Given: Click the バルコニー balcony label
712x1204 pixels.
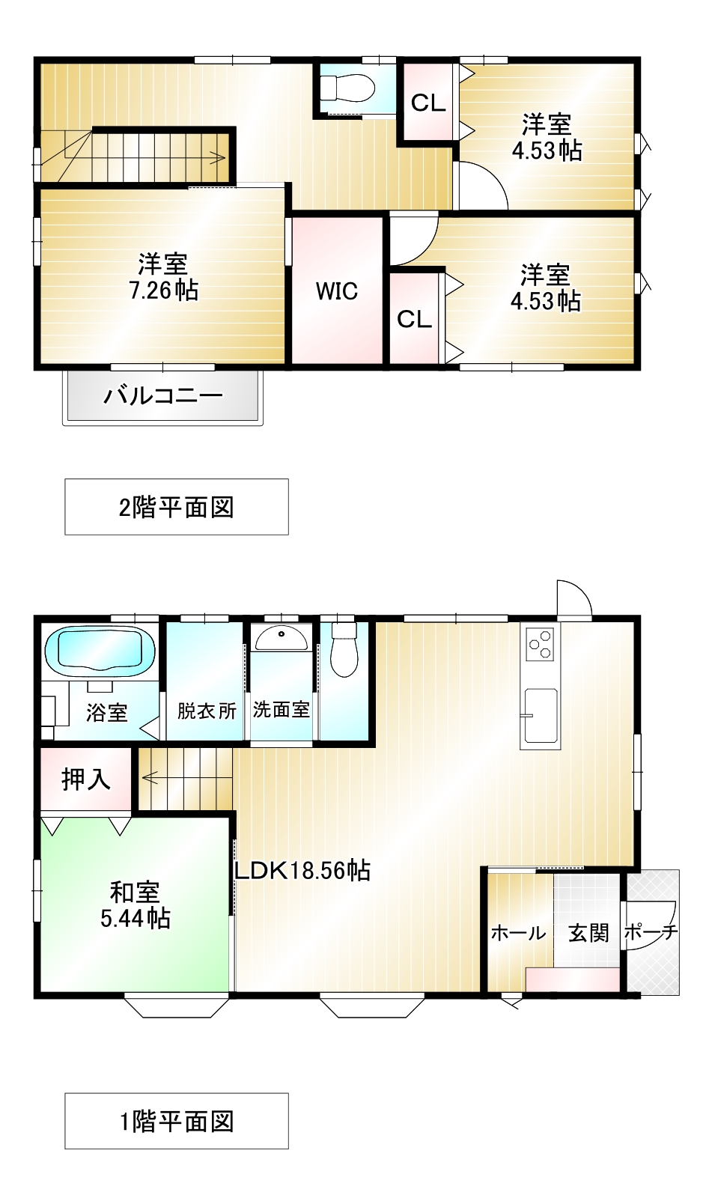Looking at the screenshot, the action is pyautogui.click(x=162, y=396).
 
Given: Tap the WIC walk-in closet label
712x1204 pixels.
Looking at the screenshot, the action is pyautogui.click(x=337, y=291).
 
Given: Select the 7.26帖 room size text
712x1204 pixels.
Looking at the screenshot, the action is pyautogui.click(x=163, y=291).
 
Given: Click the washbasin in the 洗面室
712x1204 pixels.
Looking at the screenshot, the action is pyautogui.click(x=282, y=638).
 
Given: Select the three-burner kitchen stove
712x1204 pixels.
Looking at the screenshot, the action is pyautogui.click(x=540, y=643).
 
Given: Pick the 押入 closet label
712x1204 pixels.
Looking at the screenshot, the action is pyautogui.click(x=86, y=779).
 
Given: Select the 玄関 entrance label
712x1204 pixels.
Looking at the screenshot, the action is pyautogui.click(x=588, y=933).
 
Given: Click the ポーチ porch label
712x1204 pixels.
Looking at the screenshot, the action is pyautogui.click(x=651, y=932).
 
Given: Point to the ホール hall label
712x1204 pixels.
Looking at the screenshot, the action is pyautogui.click(x=518, y=934).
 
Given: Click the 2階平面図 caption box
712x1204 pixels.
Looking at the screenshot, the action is pyautogui.click(x=176, y=507).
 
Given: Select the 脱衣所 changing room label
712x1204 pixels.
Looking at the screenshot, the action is pyautogui.click(x=207, y=711).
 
